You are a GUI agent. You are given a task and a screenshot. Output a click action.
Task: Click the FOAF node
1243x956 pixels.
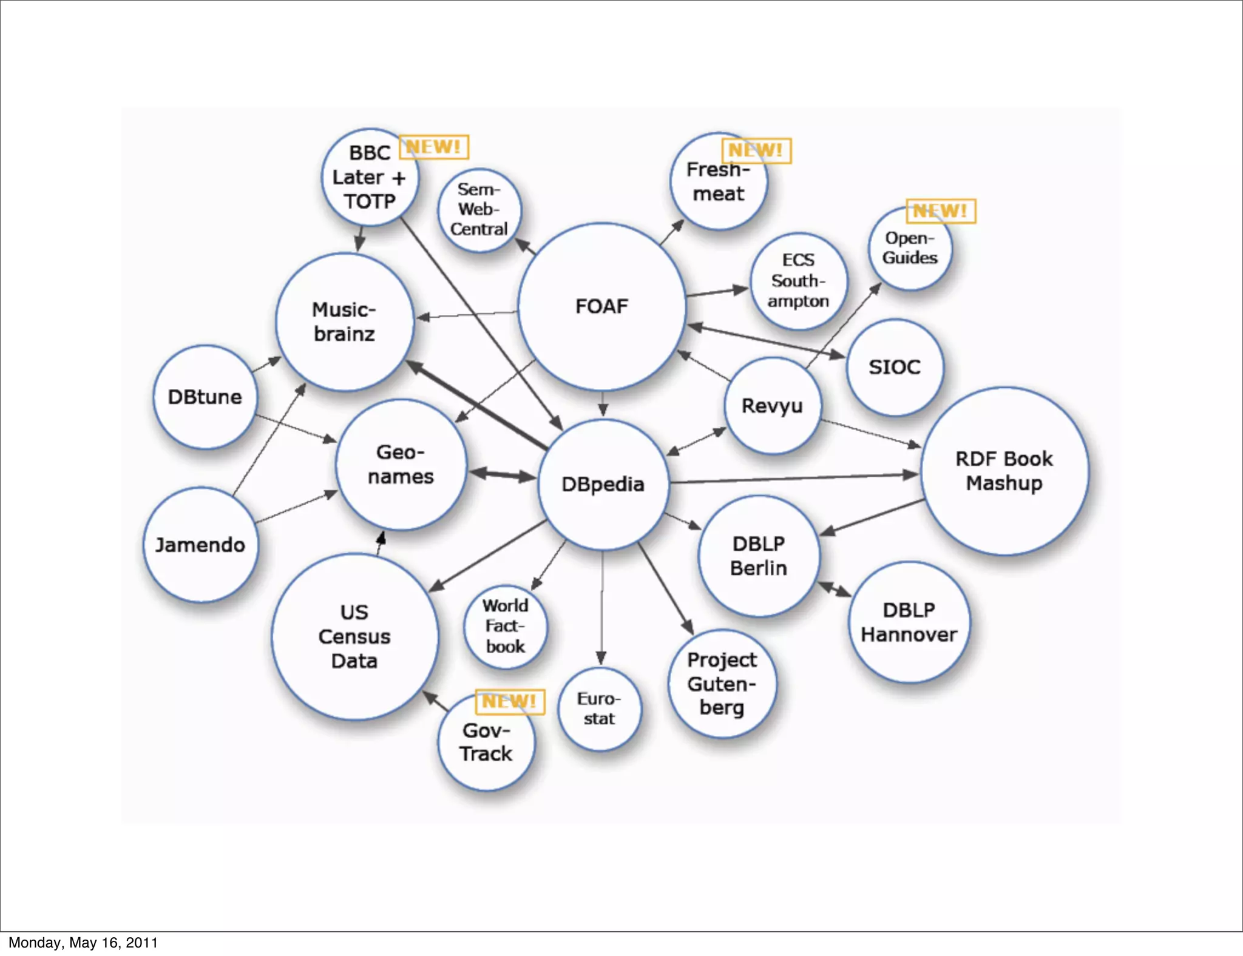[601, 306]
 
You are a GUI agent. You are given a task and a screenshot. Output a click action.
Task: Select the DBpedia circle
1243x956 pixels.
[603, 484]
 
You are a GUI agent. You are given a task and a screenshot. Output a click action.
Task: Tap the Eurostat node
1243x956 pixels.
[599, 709]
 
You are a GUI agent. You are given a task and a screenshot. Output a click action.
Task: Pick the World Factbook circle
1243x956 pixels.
[505, 626]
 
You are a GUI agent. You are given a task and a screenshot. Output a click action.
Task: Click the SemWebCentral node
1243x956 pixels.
[479, 209]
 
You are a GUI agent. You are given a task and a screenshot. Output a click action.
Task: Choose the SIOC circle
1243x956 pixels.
[895, 367]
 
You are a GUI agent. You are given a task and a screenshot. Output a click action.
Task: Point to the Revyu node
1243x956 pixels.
[772, 405]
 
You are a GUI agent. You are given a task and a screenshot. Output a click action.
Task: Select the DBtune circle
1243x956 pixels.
[205, 397]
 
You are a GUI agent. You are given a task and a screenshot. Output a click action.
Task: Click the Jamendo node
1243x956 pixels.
[200, 545]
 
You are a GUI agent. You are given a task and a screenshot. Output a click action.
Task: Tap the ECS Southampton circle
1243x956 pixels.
[798, 281]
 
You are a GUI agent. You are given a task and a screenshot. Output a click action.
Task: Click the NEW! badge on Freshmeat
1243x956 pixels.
[756, 150]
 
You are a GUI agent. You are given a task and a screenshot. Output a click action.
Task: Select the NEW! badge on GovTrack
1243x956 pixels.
[510, 702]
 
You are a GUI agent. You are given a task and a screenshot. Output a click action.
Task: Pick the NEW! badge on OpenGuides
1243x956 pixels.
[941, 211]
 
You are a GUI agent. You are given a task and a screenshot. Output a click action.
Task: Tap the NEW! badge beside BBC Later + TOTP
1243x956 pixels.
[434, 147]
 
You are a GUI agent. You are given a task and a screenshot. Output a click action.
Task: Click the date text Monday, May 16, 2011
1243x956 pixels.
[83, 943]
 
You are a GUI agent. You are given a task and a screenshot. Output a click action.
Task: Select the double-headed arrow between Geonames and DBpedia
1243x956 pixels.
[502, 475]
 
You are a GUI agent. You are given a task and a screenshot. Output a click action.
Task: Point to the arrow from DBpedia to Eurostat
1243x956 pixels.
[602, 607]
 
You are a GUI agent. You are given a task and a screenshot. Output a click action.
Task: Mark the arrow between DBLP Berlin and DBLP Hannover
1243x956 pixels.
[835, 589]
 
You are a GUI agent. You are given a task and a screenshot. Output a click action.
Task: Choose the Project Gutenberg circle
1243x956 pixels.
[722, 684]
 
